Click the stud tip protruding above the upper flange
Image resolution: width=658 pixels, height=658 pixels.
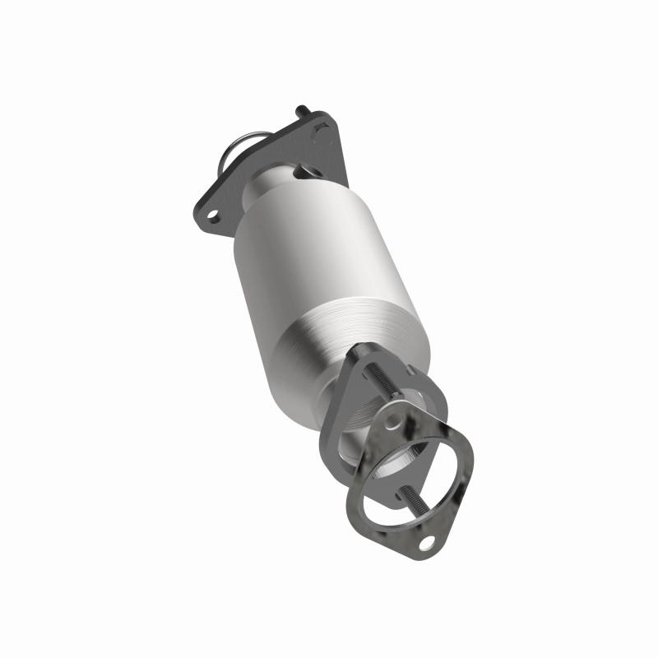[x=299, y=110]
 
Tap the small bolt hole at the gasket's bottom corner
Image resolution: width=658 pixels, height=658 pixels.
[x=426, y=542]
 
